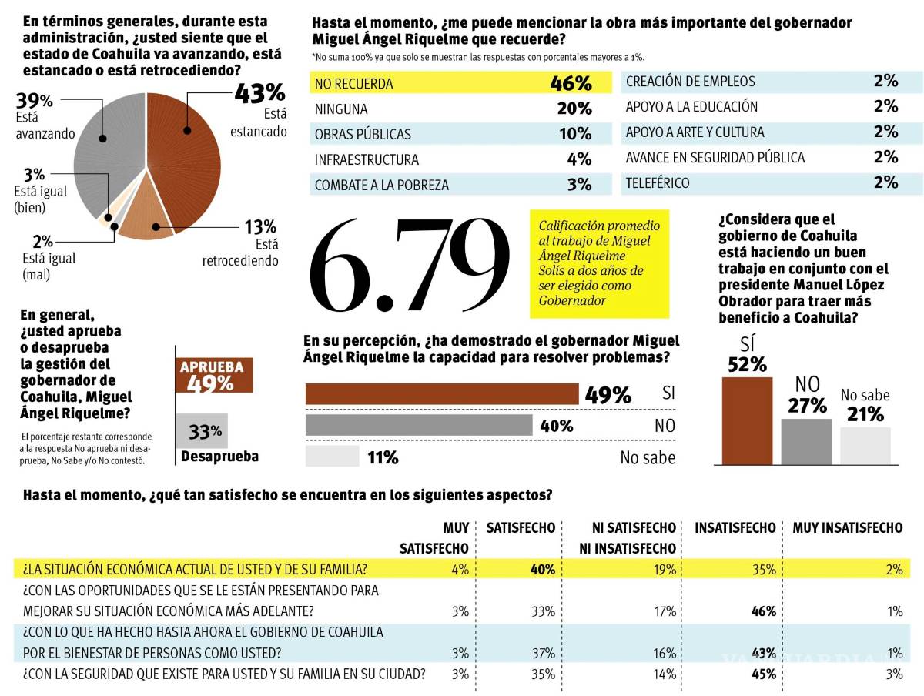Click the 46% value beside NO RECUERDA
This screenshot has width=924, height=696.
[571, 83]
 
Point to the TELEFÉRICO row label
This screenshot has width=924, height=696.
[658, 183]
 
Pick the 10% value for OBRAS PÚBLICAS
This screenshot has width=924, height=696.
[575, 134]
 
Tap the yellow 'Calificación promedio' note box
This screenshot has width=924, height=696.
[599, 263]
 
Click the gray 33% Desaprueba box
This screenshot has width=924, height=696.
[202, 431]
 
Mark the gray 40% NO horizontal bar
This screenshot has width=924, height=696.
[419, 425]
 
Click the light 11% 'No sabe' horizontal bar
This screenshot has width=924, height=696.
[333, 457]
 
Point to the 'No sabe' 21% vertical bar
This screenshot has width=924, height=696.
[865, 446]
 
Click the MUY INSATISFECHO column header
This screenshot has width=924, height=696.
[847, 528]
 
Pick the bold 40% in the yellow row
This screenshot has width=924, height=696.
[542, 570]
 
